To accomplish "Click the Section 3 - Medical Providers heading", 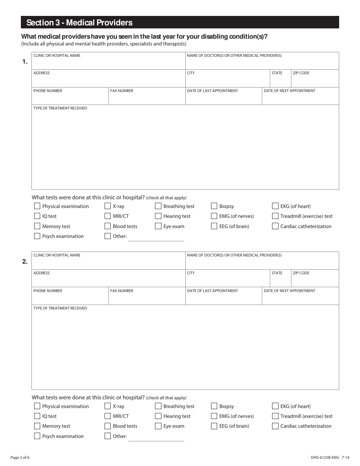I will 80,23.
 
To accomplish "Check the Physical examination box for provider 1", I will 37,206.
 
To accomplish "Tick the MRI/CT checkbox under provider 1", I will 108,216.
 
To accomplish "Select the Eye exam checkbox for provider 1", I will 158,226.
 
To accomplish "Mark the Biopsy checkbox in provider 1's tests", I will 214,206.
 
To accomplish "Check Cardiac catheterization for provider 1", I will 275,226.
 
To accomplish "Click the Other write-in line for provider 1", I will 156,238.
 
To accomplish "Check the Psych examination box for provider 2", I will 37,436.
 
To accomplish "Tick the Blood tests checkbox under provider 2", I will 108,426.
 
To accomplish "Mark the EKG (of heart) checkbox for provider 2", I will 275,406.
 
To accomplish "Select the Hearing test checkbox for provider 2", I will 158,416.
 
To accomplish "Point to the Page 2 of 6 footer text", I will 20,457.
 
